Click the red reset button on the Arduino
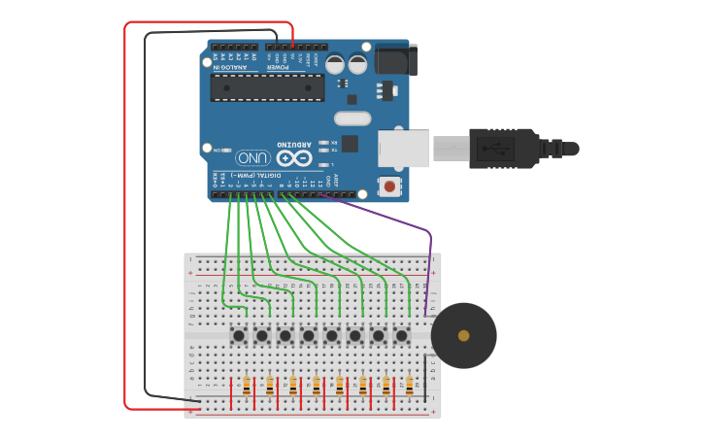coord(389,185)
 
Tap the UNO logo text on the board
coord(252,157)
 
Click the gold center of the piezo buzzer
coord(464,335)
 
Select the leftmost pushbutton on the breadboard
coord(238,335)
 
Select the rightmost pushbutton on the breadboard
coord(401,335)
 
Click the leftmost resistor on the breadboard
coord(247,387)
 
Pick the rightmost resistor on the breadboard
coord(410,387)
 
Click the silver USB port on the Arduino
coord(403,149)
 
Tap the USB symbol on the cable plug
coord(502,149)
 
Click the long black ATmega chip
coord(268,87)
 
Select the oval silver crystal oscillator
coord(352,118)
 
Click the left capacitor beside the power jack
coord(335,64)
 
